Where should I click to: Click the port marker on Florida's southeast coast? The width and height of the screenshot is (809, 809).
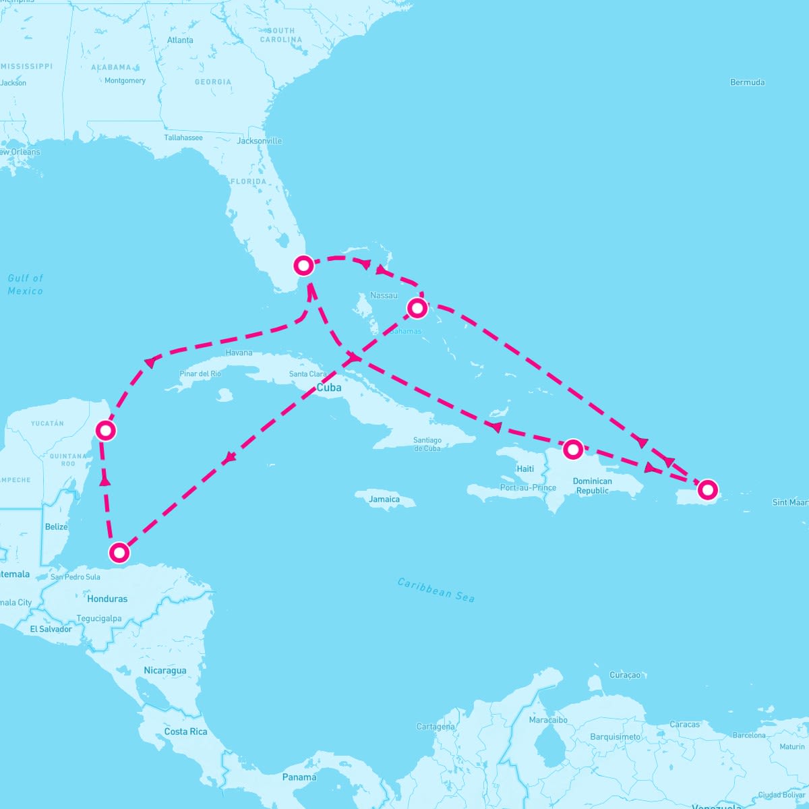[x=304, y=266]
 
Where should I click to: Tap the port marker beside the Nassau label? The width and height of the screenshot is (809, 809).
[x=417, y=308]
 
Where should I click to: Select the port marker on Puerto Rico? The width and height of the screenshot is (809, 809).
[x=707, y=489]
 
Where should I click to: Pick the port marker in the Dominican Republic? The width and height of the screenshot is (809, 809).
[x=572, y=449]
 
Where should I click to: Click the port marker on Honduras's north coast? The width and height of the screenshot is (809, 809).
[x=119, y=553]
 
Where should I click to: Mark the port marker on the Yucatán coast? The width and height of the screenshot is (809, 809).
[x=105, y=429]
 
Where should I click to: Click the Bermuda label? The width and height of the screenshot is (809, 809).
[x=747, y=82]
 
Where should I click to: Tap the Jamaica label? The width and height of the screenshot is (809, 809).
[x=384, y=500]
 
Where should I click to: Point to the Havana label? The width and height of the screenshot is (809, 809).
[x=239, y=353]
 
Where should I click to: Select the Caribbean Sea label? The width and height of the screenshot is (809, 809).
[x=436, y=590]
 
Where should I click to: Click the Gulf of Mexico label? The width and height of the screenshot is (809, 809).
[x=26, y=284]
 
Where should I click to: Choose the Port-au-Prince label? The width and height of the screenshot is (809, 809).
[x=528, y=487]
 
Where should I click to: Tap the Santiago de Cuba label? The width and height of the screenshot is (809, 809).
[x=427, y=444]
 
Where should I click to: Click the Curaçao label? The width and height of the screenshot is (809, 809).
[x=625, y=675]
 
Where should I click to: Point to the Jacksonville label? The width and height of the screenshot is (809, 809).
[x=260, y=141]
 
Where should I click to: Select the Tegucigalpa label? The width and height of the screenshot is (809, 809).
[x=99, y=618]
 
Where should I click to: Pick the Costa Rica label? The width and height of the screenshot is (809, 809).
[x=185, y=731]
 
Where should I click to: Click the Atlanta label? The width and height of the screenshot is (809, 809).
[x=180, y=40]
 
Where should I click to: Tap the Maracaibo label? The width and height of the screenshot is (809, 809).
[x=548, y=720]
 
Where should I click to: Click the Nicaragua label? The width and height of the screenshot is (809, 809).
[x=164, y=671]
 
